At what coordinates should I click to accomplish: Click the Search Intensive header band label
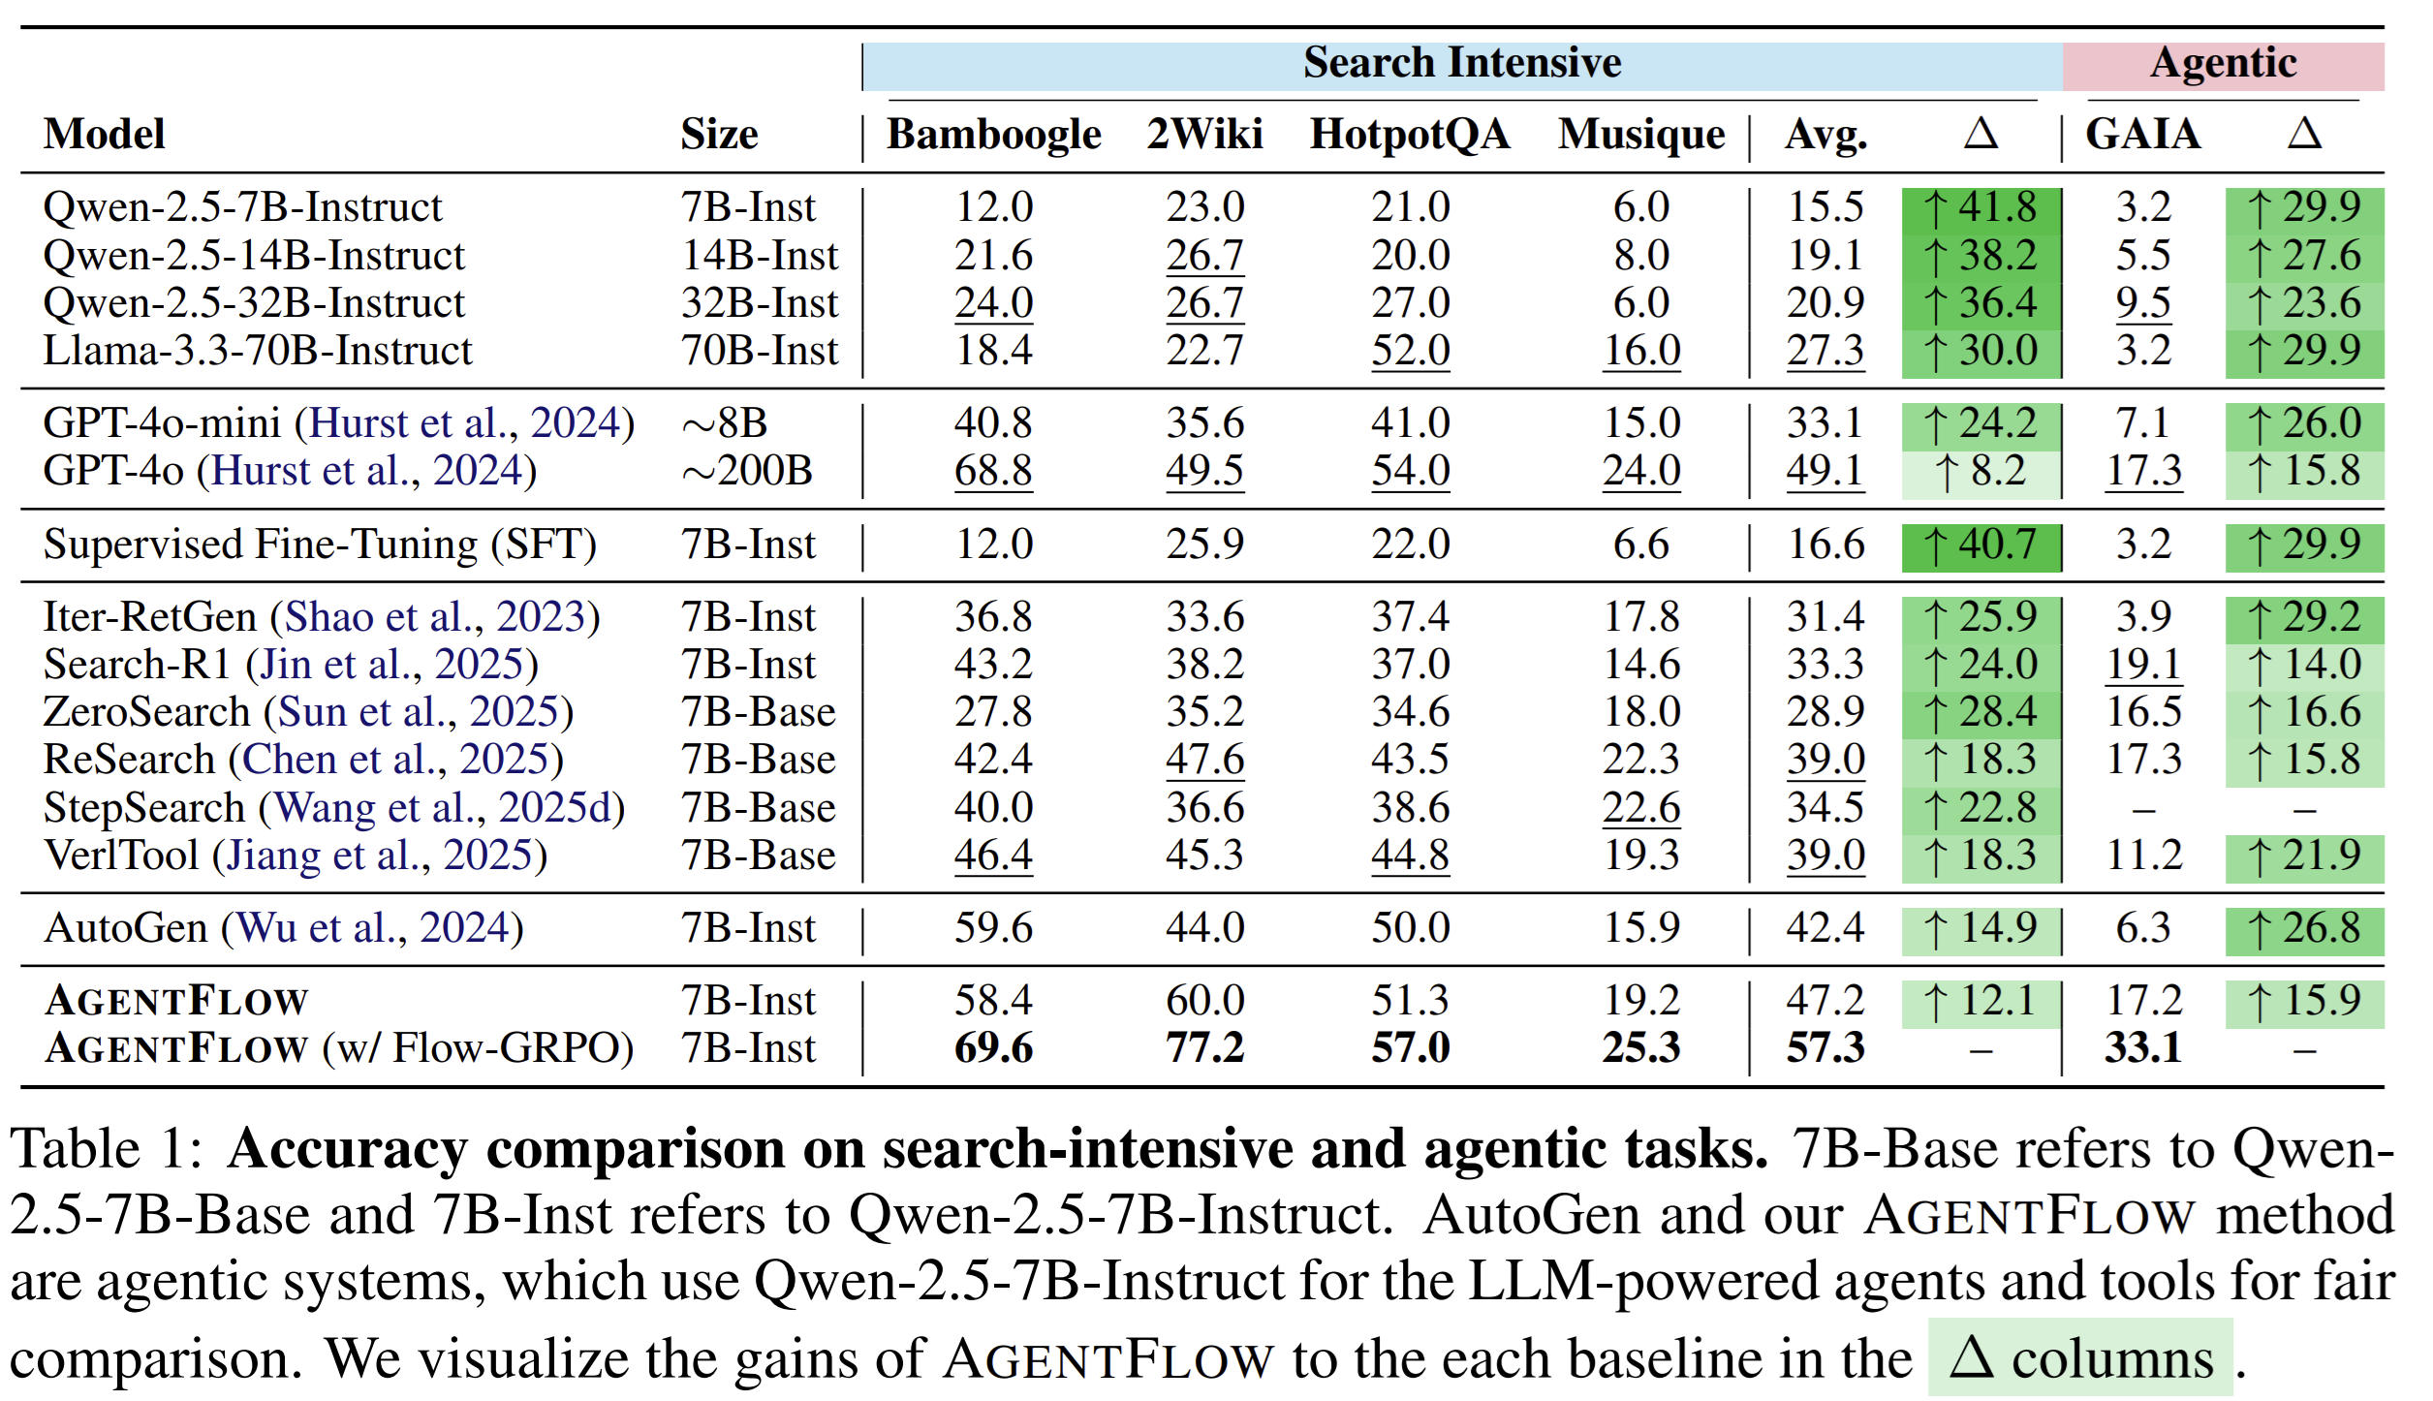(1461, 64)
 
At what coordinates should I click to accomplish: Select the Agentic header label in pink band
(2223, 64)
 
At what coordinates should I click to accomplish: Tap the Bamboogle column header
(993, 135)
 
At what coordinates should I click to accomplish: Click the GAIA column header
(2142, 135)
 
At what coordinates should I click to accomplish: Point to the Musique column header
(1640, 135)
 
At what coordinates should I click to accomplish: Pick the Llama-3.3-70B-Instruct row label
(258, 351)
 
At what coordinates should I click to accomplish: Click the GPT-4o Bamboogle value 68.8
(993, 472)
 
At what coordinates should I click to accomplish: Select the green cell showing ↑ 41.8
(1981, 207)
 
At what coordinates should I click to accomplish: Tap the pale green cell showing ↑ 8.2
(1981, 472)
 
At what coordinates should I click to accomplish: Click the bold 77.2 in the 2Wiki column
(1204, 1048)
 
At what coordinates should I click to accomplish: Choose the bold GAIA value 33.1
(2142, 1048)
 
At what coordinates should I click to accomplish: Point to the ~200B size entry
(747, 472)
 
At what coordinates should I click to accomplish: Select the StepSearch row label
(145, 808)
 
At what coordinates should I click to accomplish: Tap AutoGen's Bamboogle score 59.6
(993, 928)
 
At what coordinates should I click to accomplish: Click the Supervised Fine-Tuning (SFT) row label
(320, 545)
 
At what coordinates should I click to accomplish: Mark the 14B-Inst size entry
(759, 256)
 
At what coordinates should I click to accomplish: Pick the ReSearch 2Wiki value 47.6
(1204, 760)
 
